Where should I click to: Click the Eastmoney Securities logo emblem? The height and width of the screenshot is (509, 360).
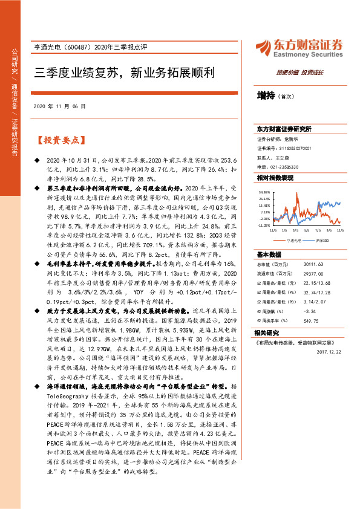(x=265, y=46)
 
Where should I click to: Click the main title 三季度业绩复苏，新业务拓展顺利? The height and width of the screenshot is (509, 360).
(x=125, y=73)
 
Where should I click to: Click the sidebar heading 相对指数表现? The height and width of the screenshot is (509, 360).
(x=275, y=178)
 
